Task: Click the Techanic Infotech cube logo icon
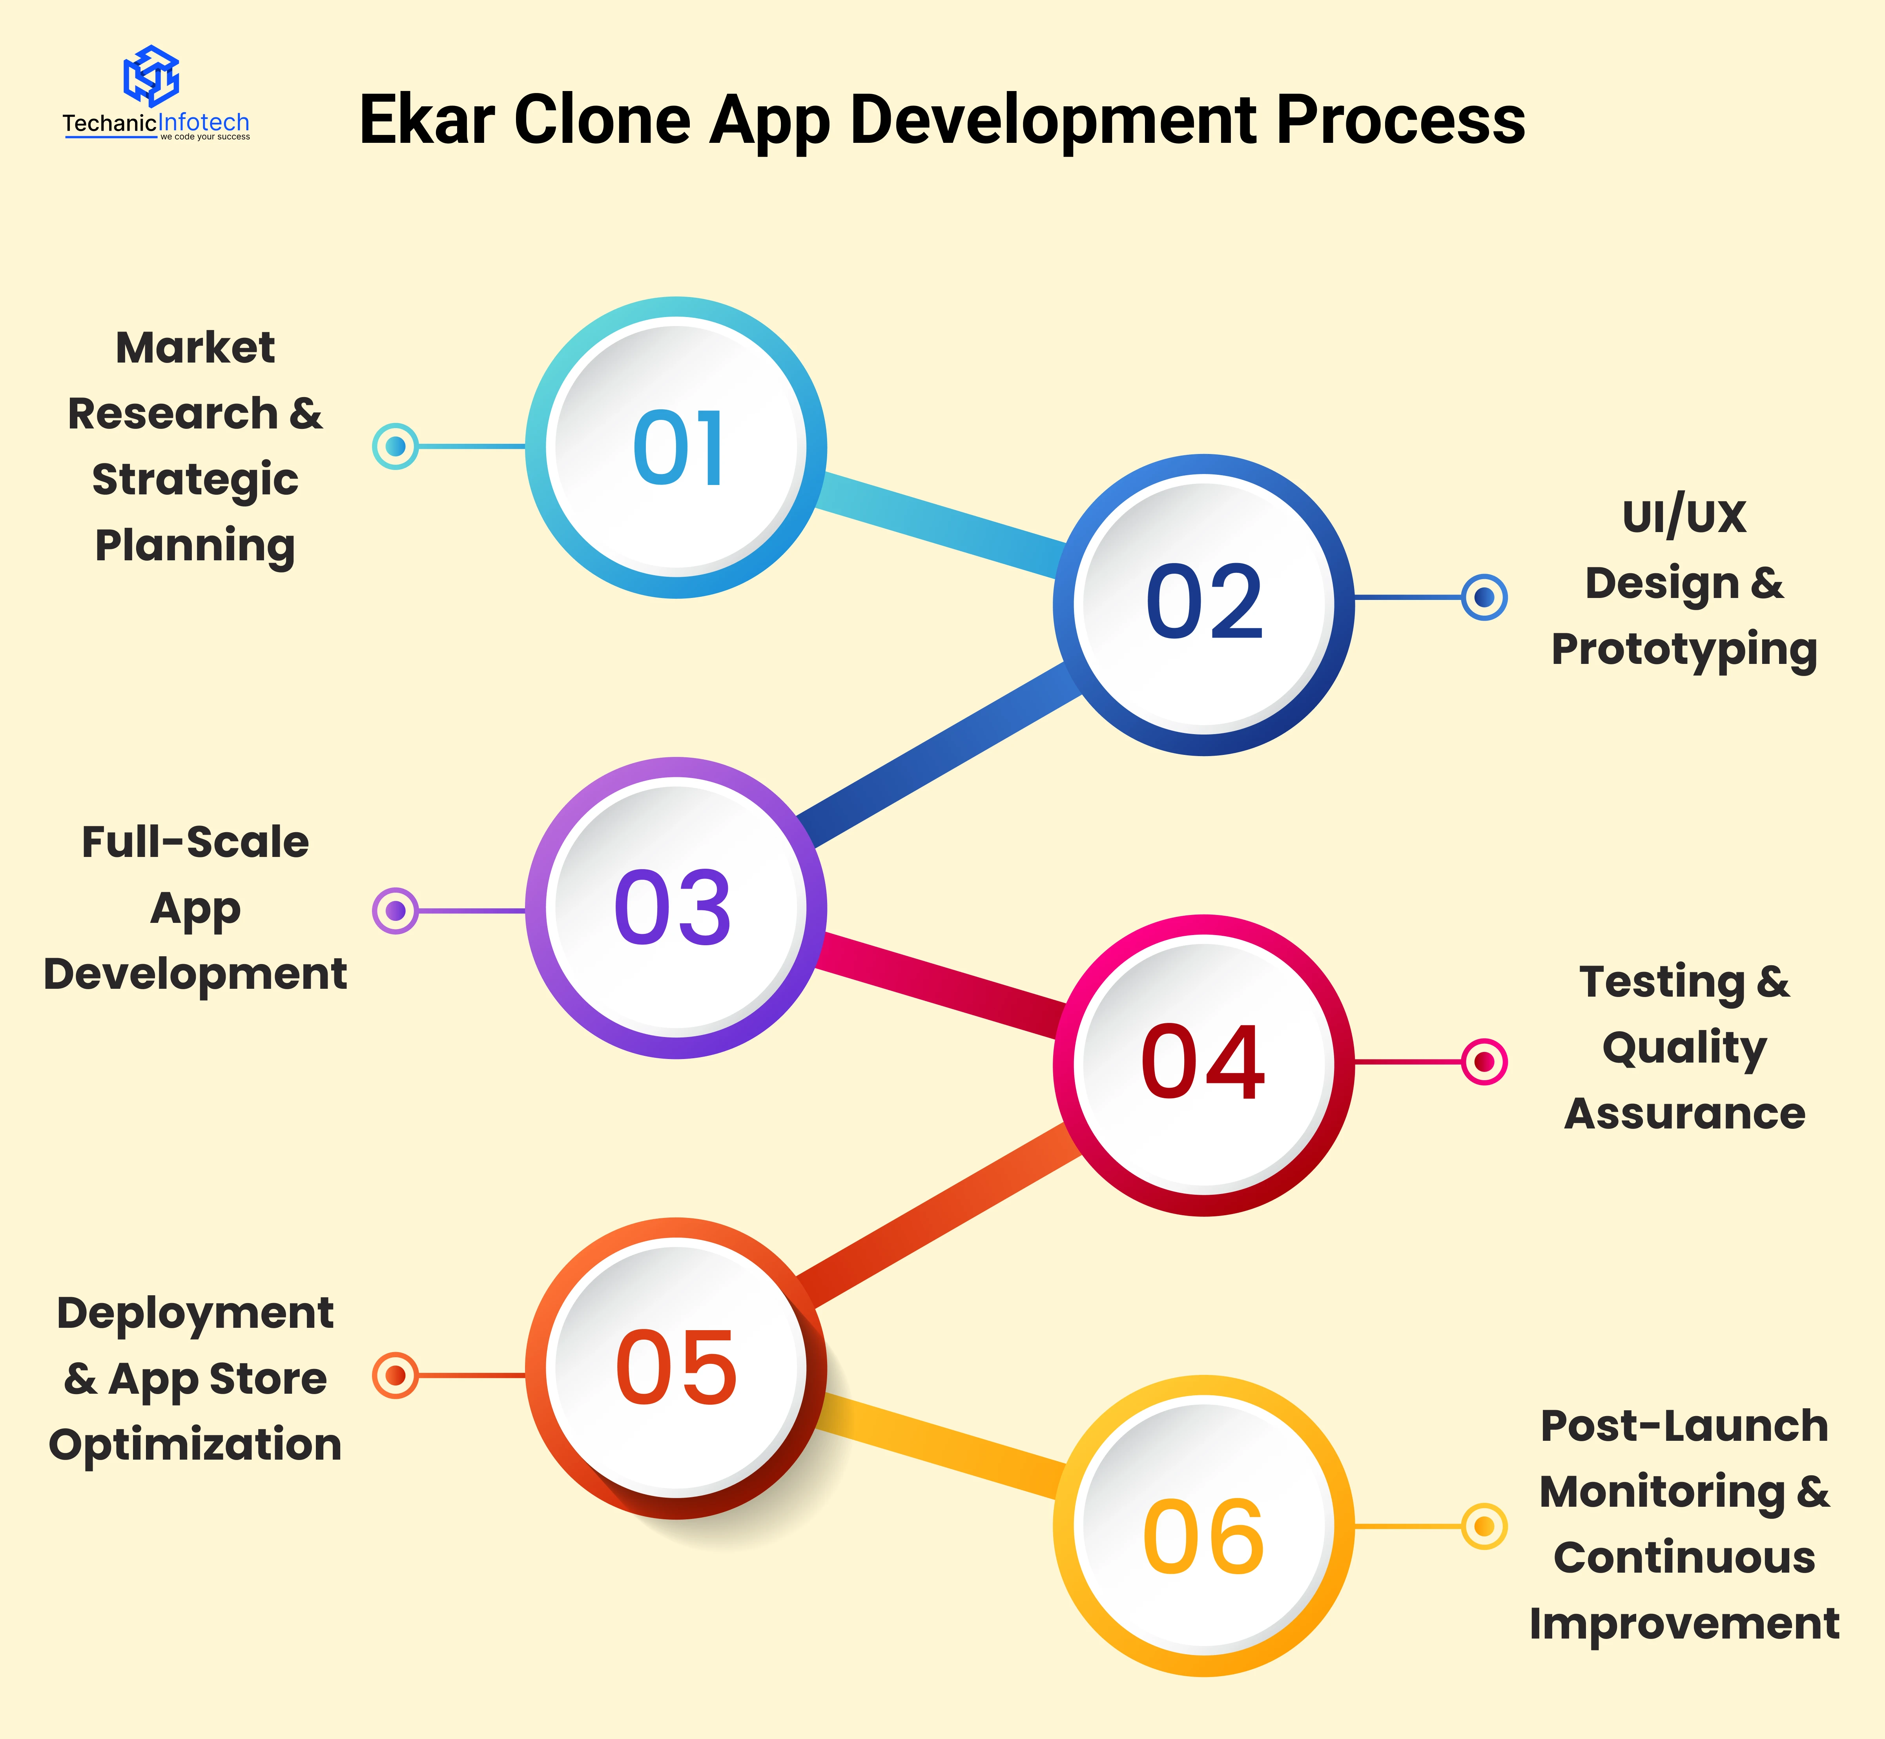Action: click(151, 75)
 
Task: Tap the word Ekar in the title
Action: click(427, 120)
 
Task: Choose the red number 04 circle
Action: click(1204, 1065)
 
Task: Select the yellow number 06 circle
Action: click(1204, 1526)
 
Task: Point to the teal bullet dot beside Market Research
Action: click(395, 446)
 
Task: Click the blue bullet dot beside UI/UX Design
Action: click(1484, 597)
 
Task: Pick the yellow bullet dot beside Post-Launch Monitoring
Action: click(1484, 1526)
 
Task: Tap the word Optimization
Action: click(195, 1444)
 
